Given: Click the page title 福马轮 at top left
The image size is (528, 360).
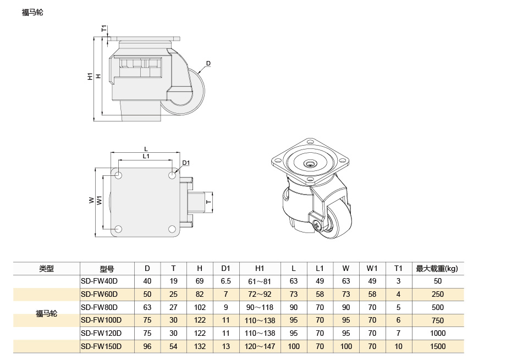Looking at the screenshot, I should (32, 13).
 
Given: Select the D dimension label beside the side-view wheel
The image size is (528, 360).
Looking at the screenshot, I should (208, 64).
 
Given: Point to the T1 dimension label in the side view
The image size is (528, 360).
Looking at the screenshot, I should (104, 29).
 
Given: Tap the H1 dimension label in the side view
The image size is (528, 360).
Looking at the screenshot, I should (90, 76).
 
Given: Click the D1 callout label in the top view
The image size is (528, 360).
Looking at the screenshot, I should (186, 163).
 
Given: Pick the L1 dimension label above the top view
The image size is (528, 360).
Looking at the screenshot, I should (146, 157).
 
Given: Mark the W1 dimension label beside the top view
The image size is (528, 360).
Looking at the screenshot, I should (100, 201).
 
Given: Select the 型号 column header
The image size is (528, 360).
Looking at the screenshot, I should (107, 269).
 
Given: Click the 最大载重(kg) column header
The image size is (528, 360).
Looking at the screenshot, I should (437, 269).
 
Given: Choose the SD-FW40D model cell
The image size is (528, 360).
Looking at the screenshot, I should (100, 281).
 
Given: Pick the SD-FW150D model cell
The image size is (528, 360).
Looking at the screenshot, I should (101, 346).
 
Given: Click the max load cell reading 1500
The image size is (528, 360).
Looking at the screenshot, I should (437, 346).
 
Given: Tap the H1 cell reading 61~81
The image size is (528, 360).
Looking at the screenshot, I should (260, 281).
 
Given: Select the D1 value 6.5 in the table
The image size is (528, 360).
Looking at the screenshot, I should (226, 281).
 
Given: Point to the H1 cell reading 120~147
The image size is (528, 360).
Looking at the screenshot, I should (260, 346).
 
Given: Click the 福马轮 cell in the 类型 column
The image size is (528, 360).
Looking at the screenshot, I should (46, 314).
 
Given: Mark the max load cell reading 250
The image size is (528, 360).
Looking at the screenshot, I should (437, 294).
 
